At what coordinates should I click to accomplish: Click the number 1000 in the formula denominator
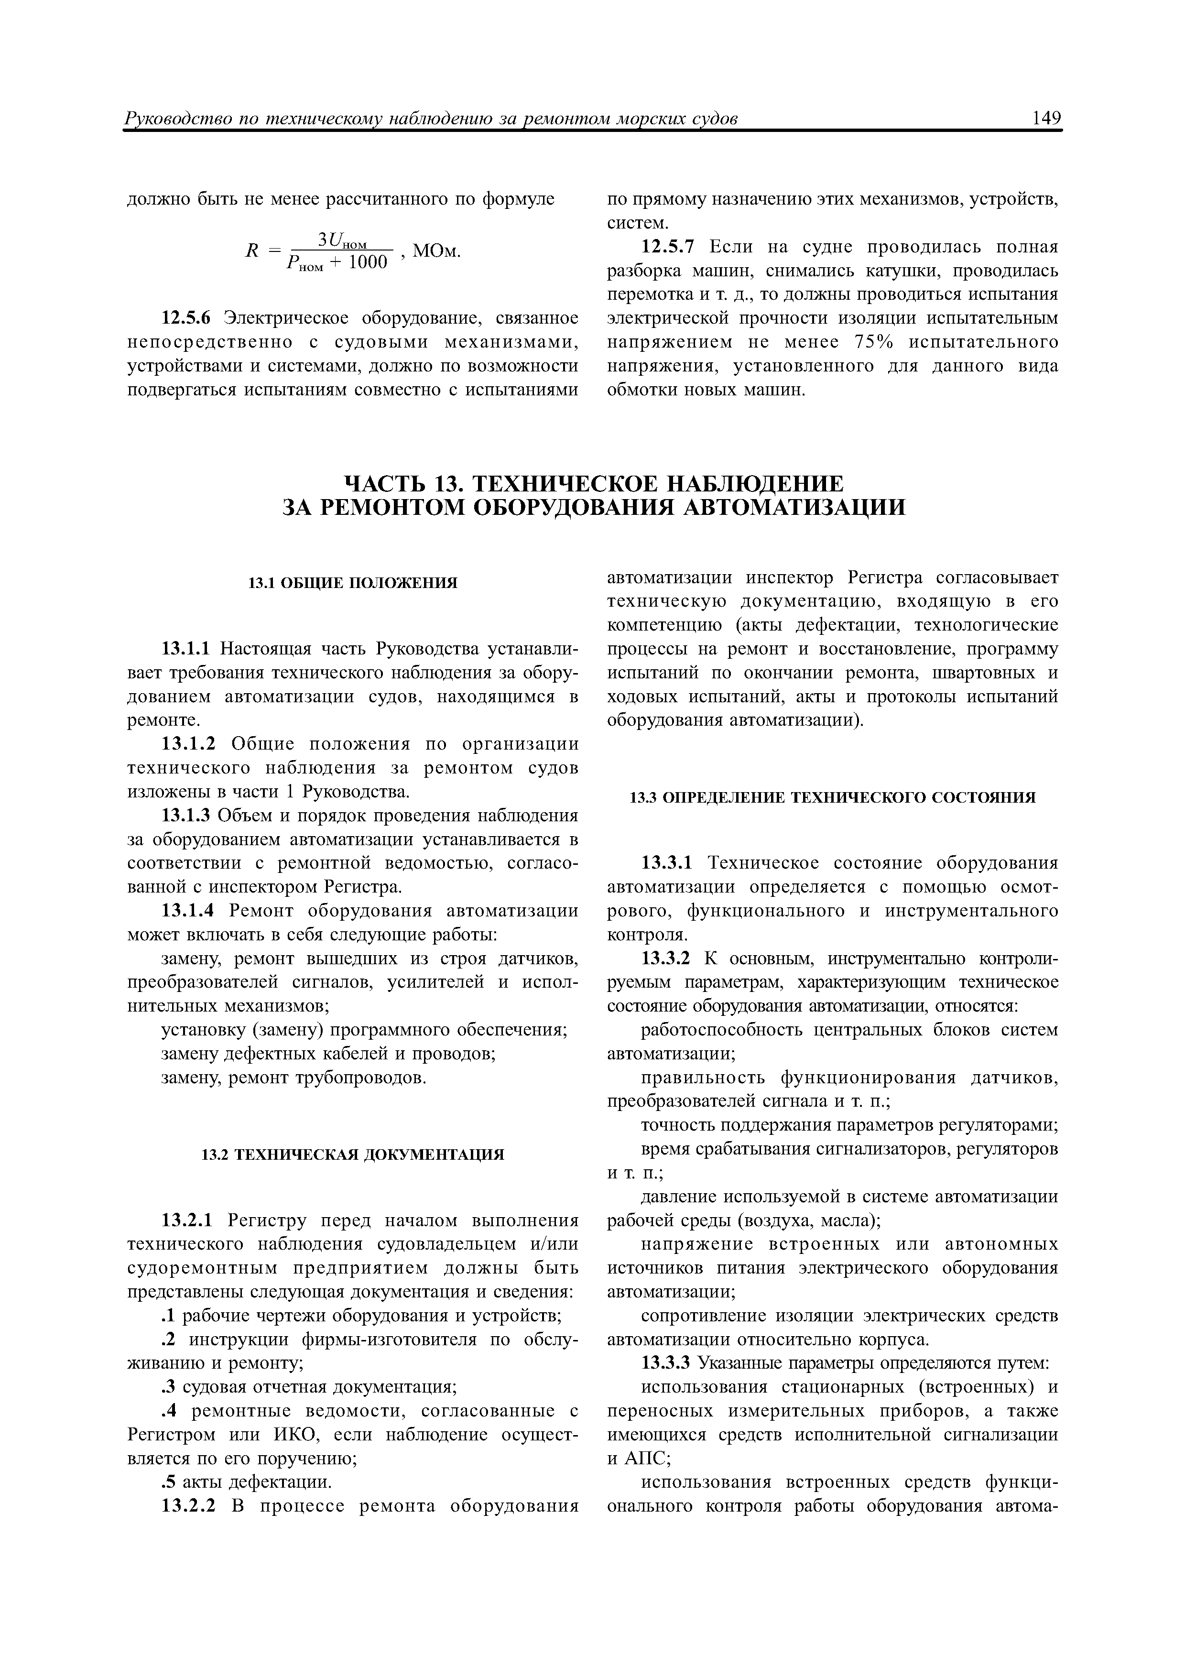pos(367,262)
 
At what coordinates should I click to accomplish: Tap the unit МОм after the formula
pos(436,251)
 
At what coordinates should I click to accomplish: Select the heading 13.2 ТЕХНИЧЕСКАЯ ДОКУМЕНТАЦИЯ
pos(352,1155)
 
